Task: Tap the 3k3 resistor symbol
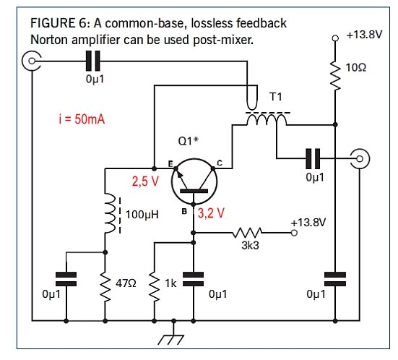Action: (x=248, y=233)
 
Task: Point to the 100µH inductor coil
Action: (x=107, y=213)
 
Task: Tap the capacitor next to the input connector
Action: (x=95, y=61)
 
